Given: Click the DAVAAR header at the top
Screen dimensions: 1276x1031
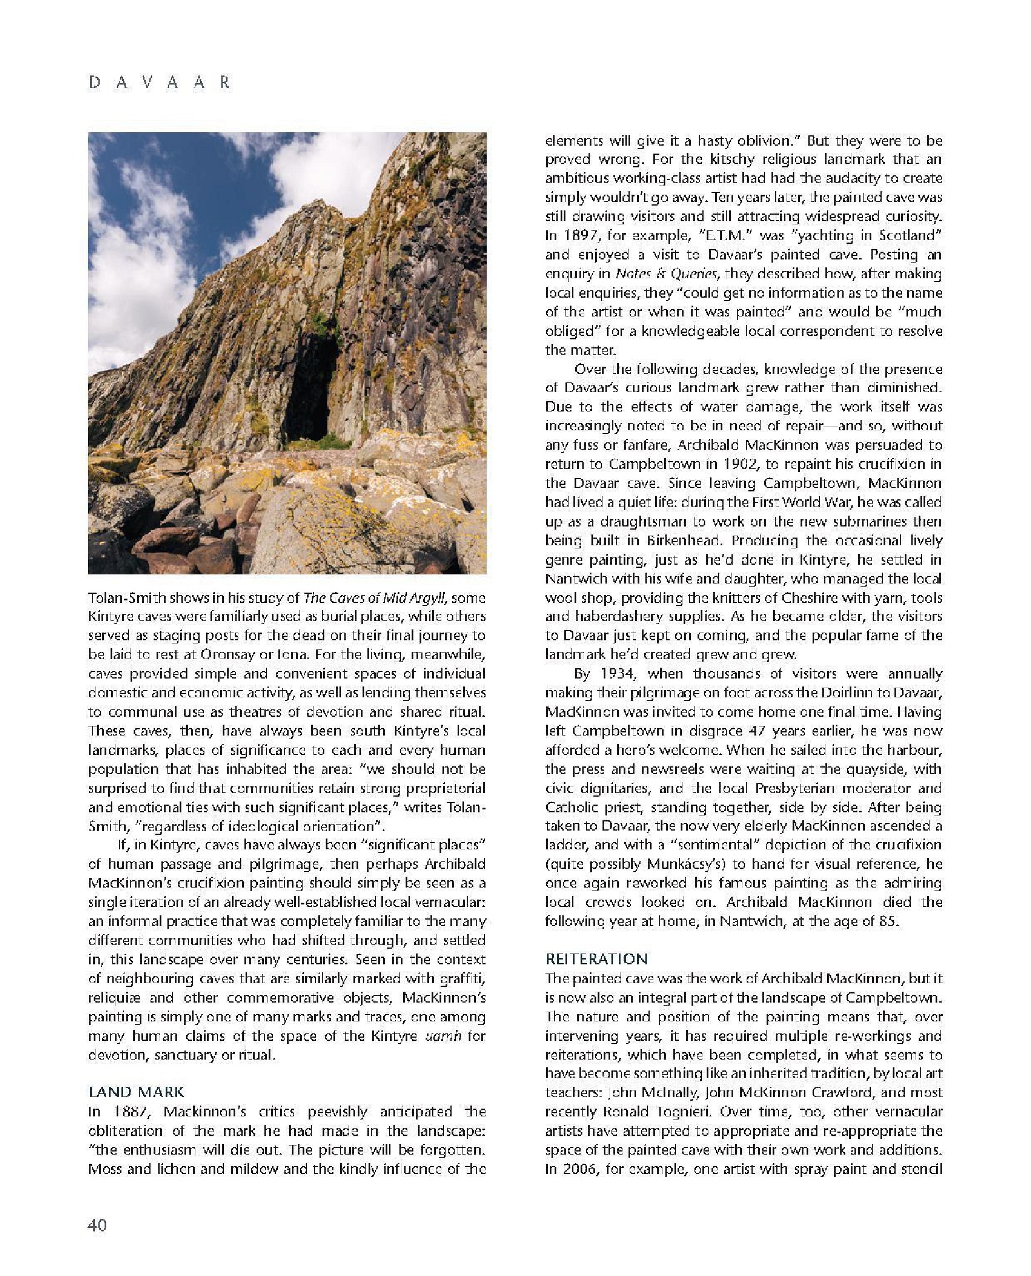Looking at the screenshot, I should tap(159, 83).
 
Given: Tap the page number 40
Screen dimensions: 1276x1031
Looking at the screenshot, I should tap(97, 1224).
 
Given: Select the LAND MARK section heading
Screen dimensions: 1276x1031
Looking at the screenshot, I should tap(136, 1092).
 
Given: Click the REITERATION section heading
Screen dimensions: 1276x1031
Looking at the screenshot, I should tap(596, 959).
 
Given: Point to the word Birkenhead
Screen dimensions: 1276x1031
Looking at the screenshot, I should tap(689, 540).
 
